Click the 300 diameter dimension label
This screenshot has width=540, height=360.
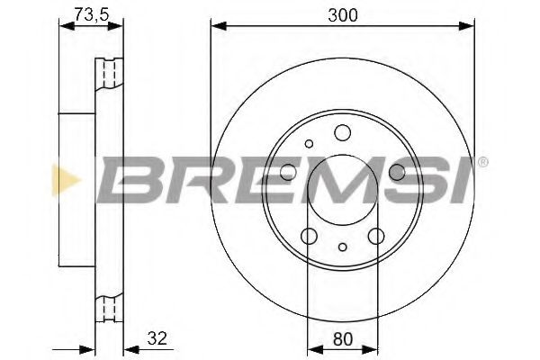coord(340,15)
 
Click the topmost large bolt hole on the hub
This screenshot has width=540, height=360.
coord(341,134)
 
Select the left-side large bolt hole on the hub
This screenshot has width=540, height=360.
coord(288,174)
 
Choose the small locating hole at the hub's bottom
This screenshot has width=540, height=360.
coord(342,247)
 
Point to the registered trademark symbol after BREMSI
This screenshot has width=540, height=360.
coord(483,163)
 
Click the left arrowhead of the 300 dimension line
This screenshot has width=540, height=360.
coord(217,26)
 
